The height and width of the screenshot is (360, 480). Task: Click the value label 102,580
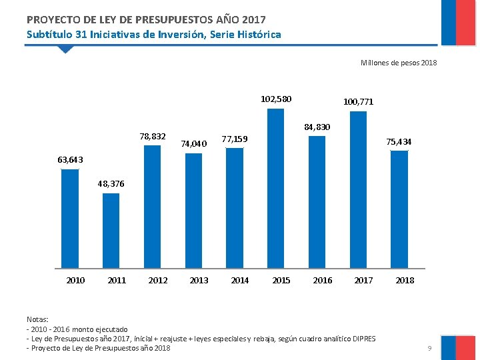pyautogui.click(x=276, y=99)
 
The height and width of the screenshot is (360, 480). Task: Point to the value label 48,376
pyautogui.click(x=111, y=183)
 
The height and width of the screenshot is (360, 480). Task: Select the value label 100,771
pyautogui.click(x=358, y=102)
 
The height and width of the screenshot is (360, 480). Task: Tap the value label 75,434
pyautogui.click(x=399, y=142)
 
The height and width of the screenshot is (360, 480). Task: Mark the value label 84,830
pyautogui.click(x=317, y=127)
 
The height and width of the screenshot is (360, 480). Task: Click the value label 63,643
pyautogui.click(x=70, y=159)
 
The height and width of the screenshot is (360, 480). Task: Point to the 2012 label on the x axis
pyautogui.click(x=158, y=281)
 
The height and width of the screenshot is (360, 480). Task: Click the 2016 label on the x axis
pyautogui.click(x=323, y=281)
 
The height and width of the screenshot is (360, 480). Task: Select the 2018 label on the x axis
pyautogui.click(x=405, y=281)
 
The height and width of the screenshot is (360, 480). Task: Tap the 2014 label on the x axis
pyautogui.click(x=240, y=281)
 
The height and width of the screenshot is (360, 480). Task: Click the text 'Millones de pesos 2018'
pyautogui.click(x=398, y=63)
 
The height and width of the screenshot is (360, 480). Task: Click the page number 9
pyautogui.click(x=430, y=348)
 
